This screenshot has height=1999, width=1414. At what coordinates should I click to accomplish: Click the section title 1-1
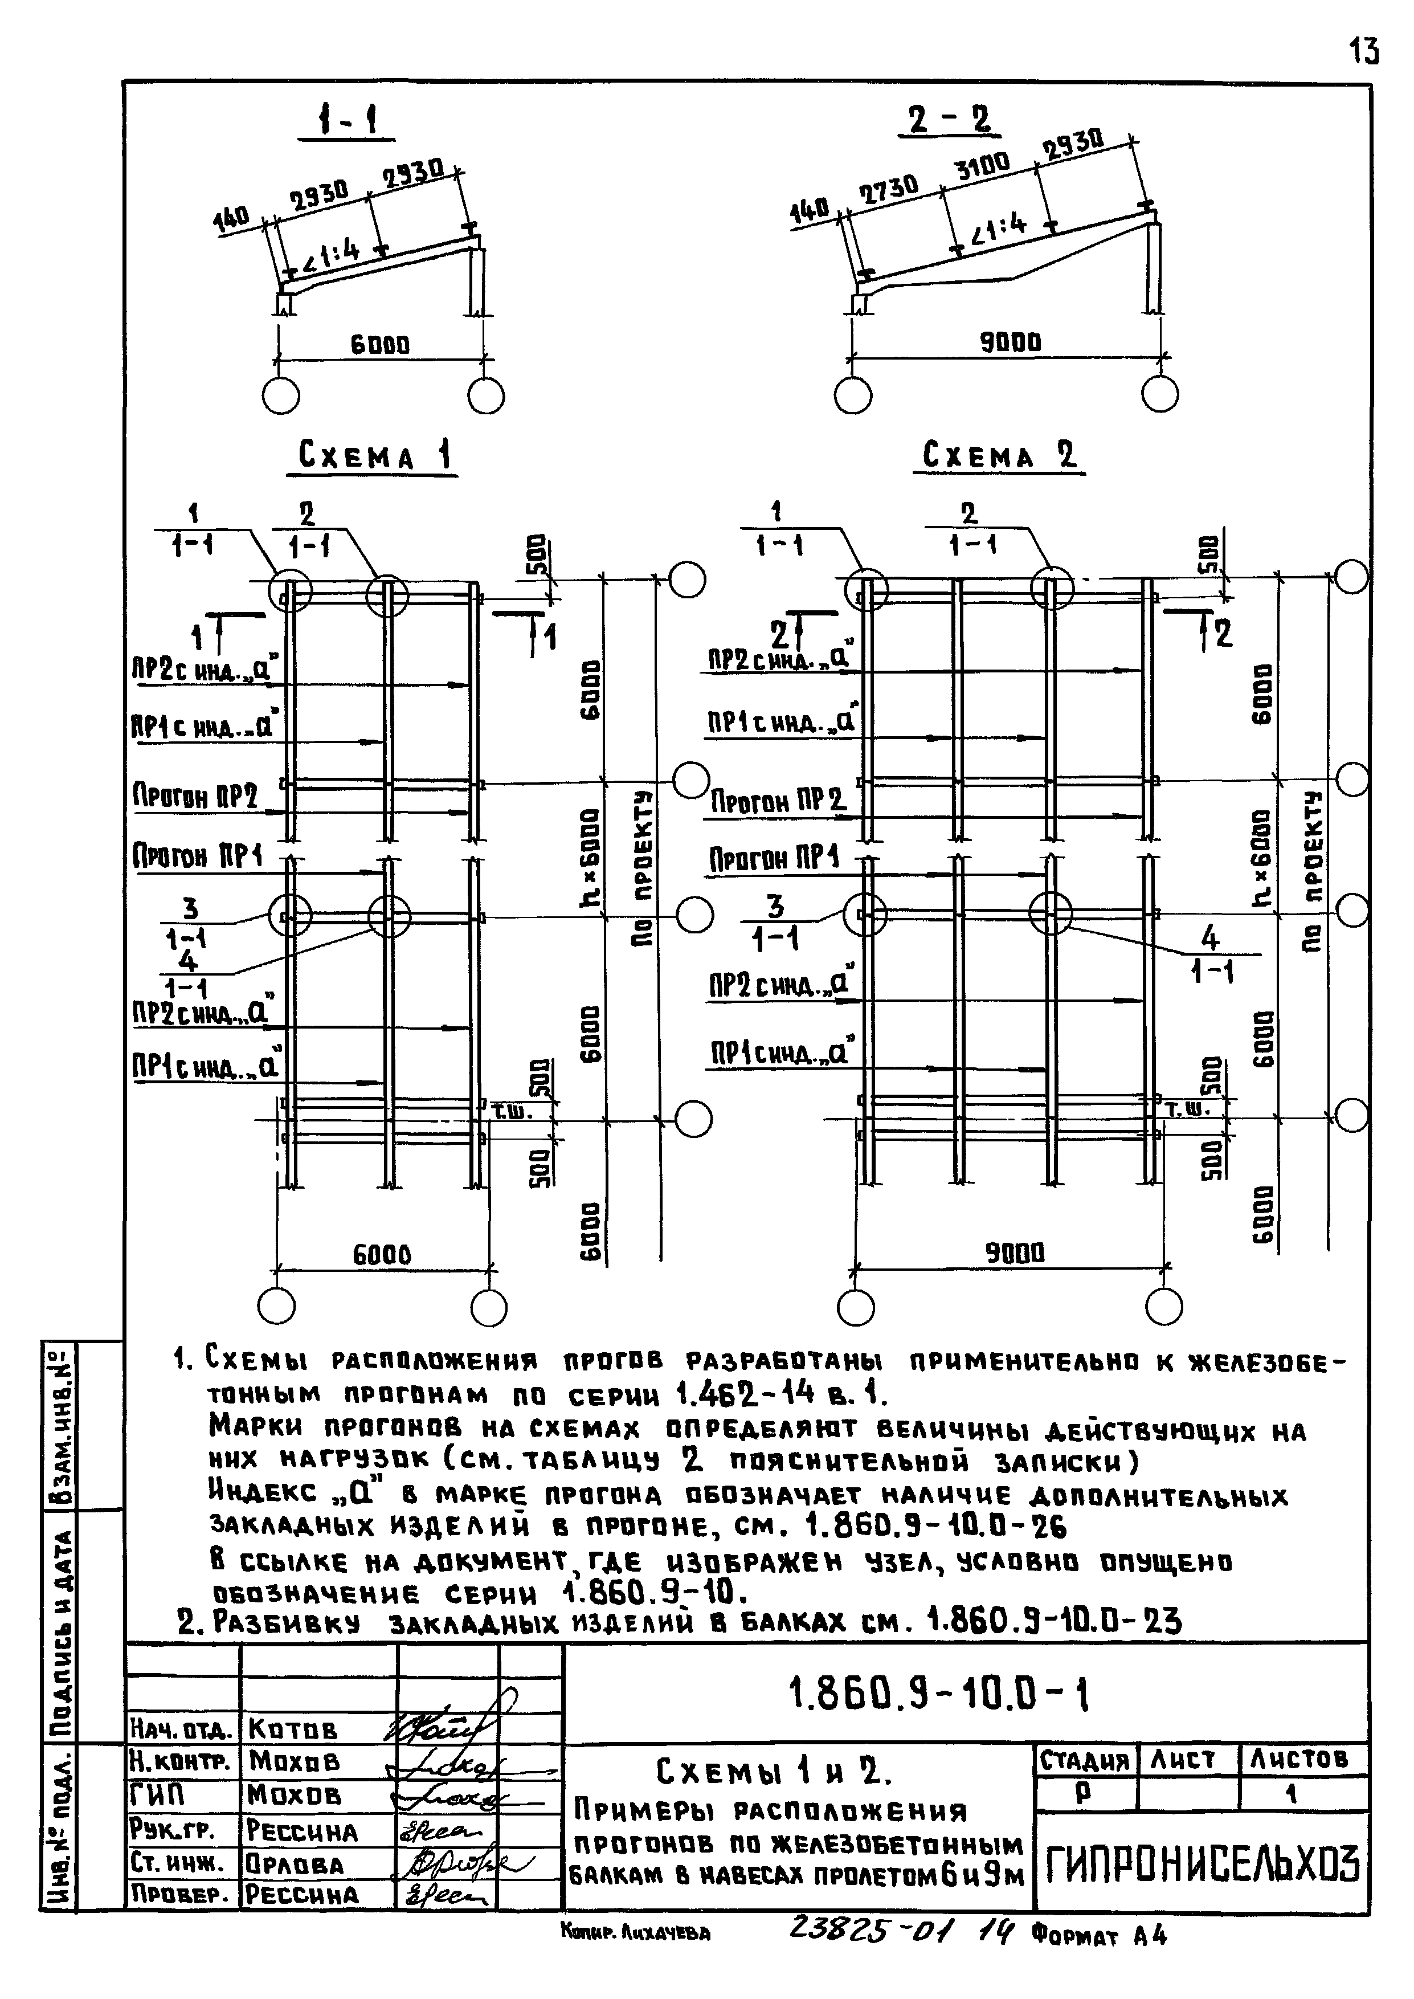click(x=346, y=120)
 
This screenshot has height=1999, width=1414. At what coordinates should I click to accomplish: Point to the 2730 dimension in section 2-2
click(x=888, y=189)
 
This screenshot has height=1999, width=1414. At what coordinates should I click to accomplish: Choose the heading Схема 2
click(x=999, y=455)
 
